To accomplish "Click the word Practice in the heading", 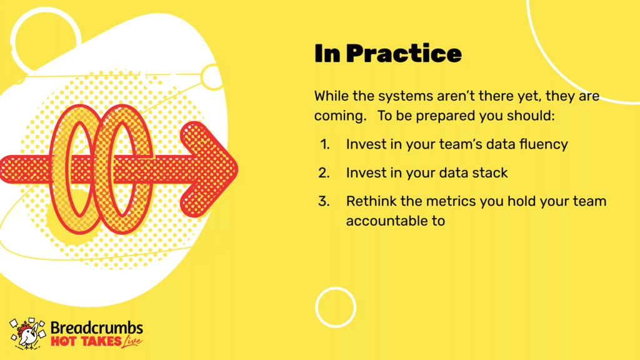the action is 404,54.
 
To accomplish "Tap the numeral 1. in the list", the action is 325,144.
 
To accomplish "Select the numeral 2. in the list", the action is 324,172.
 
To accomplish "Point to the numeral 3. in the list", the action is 324,201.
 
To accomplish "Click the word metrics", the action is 449,201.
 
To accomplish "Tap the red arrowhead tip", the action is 237,169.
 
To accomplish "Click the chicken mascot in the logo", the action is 27,334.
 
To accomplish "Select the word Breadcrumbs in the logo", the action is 97,327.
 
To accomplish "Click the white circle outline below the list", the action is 336,287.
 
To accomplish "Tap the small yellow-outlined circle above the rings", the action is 211,65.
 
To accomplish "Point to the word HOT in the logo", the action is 63,341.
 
